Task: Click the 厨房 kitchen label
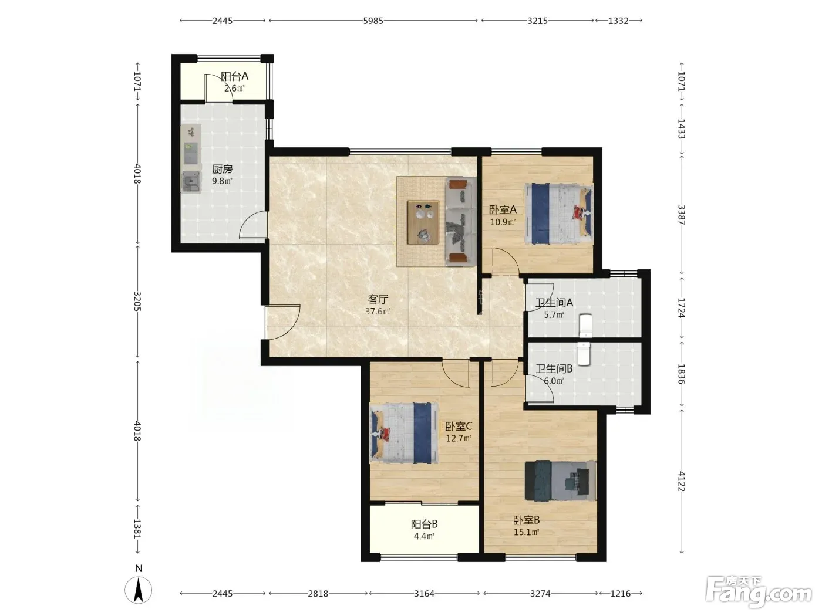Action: (x=223, y=170)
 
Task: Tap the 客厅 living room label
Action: (x=378, y=299)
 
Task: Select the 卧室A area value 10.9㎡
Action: (x=503, y=222)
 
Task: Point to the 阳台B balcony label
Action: (x=424, y=524)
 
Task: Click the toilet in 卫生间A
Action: (x=585, y=326)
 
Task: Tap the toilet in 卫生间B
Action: (x=584, y=354)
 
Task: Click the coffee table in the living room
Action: (x=423, y=222)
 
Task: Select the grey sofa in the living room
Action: (x=461, y=221)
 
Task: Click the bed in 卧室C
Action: (x=405, y=433)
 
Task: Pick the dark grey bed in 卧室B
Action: (x=560, y=480)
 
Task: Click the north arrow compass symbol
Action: (x=139, y=590)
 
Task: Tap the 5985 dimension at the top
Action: (x=373, y=21)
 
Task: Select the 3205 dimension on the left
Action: (x=137, y=301)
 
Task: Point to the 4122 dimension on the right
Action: (x=682, y=481)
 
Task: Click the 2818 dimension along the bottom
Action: (x=318, y=594)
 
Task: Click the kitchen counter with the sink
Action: (x=191, y=158)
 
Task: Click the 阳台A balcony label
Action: (x=234, y=76)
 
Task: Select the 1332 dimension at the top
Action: (x=618, y=21)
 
